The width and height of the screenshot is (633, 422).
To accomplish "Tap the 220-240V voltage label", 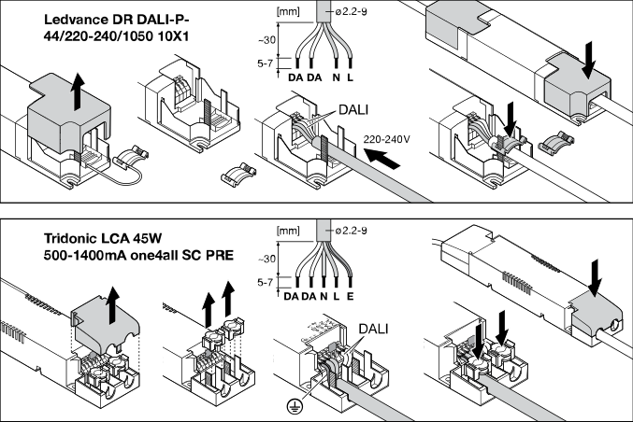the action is click(386, 139).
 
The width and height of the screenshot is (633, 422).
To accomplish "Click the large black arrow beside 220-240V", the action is click(381, 159).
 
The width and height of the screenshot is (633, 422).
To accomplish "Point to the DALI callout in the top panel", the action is click(353, 109).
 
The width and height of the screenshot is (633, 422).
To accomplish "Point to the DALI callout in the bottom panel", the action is click(373, 329).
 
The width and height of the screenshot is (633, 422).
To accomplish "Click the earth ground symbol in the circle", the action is click(295, 406).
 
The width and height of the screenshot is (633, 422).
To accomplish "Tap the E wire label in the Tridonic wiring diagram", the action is click(350, 296).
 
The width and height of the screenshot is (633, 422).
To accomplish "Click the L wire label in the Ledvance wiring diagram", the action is click(350, 77).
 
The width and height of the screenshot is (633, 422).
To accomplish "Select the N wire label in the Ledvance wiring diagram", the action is click(336, 77).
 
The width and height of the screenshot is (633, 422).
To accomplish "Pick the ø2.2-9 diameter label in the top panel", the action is click(351, 12).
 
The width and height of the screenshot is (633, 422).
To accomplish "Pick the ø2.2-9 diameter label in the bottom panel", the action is click(351, 231).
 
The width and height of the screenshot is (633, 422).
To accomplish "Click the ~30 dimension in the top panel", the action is click(266, 39).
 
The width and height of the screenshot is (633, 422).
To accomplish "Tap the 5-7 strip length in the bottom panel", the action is click(265, 282).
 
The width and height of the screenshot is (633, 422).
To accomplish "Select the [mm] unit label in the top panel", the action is click(288, 12).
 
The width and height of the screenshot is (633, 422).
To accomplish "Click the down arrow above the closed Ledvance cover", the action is click(589, 59).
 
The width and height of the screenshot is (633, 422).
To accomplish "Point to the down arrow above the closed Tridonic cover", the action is click(595, 278).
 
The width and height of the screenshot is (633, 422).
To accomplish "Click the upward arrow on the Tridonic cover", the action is click(115, 304).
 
